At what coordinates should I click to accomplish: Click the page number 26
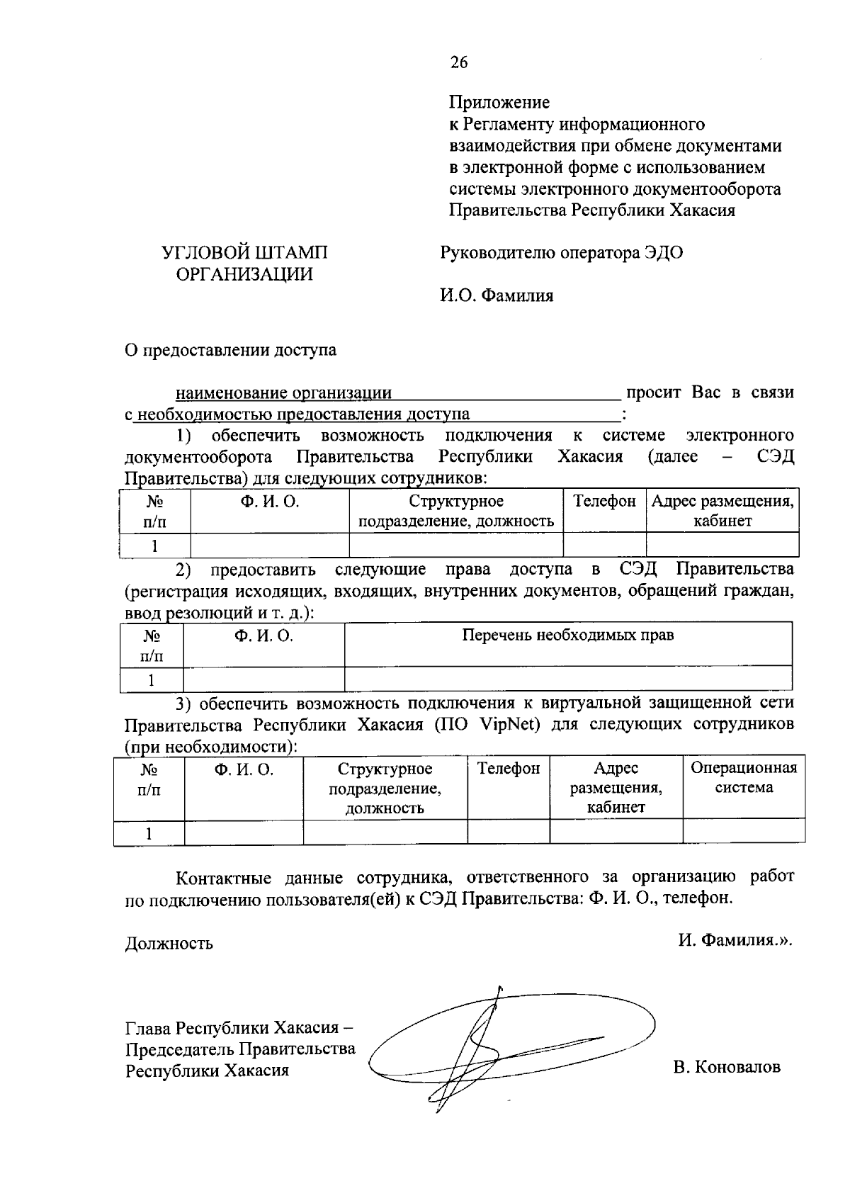458,63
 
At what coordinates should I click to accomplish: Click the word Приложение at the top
499,103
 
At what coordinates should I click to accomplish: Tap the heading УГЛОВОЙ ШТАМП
244,253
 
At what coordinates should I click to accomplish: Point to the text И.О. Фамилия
496,295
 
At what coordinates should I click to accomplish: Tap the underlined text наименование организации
283,393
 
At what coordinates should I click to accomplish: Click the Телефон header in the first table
604,502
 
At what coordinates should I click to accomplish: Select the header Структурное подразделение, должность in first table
455,512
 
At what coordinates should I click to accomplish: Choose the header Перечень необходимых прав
567,636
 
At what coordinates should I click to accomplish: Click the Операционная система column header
743,778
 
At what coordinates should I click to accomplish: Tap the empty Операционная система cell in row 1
743,831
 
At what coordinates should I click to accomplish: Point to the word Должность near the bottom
169,944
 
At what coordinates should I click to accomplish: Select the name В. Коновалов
727,1067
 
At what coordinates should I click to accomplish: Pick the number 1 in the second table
152,681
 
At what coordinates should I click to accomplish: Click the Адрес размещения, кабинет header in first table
722,512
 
